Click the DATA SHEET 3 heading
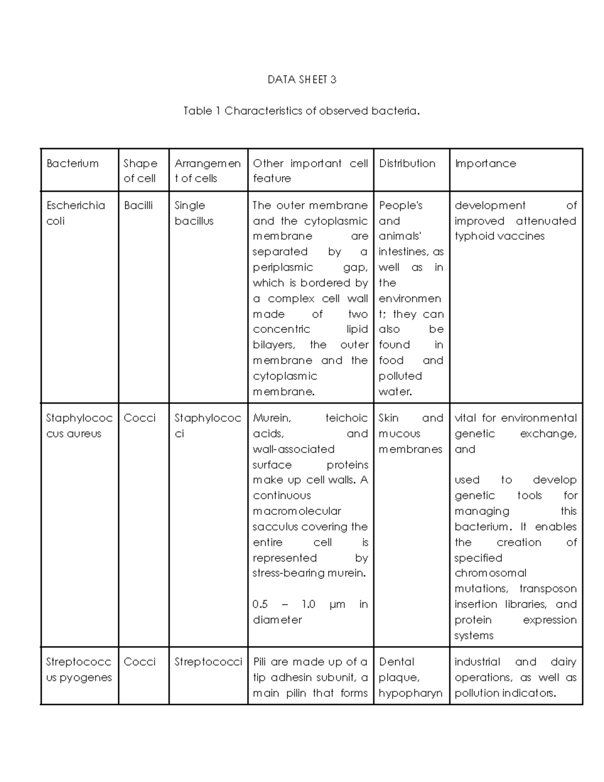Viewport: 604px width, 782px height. tap(301, 80)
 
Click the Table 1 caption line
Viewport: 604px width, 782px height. tap(301, 111)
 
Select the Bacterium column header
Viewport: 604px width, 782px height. tap(72, 163)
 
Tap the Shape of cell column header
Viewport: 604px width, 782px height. tap(140, 171)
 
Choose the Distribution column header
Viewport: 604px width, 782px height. tap(407, 163)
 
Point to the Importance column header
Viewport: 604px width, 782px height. tap(485, 163)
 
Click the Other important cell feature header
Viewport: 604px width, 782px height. tap(310, 171)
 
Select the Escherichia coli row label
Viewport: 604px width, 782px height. tap(75, 213)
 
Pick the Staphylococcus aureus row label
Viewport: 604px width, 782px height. tap(79, 425)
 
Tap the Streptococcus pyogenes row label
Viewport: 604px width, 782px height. tap(79, 669)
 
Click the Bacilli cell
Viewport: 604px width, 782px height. tap(138, 205)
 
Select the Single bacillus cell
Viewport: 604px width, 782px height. tap(194, 213)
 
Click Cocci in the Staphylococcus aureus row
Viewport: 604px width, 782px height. tap(139, 418)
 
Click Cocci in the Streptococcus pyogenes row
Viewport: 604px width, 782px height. tap(139, 662)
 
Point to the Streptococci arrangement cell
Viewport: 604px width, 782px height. tap(208, 662)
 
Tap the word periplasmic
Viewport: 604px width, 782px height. tap(283, 267)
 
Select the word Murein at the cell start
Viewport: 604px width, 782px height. tap(271, 418)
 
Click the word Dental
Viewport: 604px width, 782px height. tap(397, 662)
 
